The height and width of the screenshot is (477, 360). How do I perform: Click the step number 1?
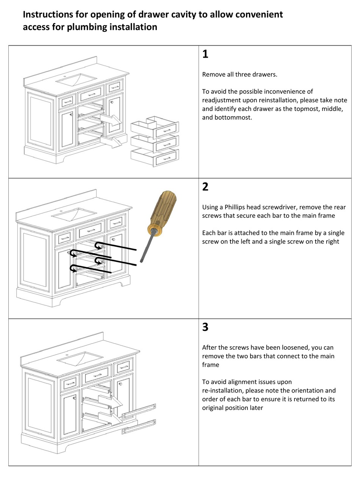[205, 55]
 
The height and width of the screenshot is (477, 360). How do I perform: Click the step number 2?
[205, 187]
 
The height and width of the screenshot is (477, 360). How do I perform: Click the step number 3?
[205, 327]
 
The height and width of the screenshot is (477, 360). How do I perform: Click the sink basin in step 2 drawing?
[74, 214]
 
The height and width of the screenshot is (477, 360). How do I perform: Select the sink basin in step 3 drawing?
[80, 357]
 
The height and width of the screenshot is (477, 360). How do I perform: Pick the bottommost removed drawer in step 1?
[155, 157]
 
